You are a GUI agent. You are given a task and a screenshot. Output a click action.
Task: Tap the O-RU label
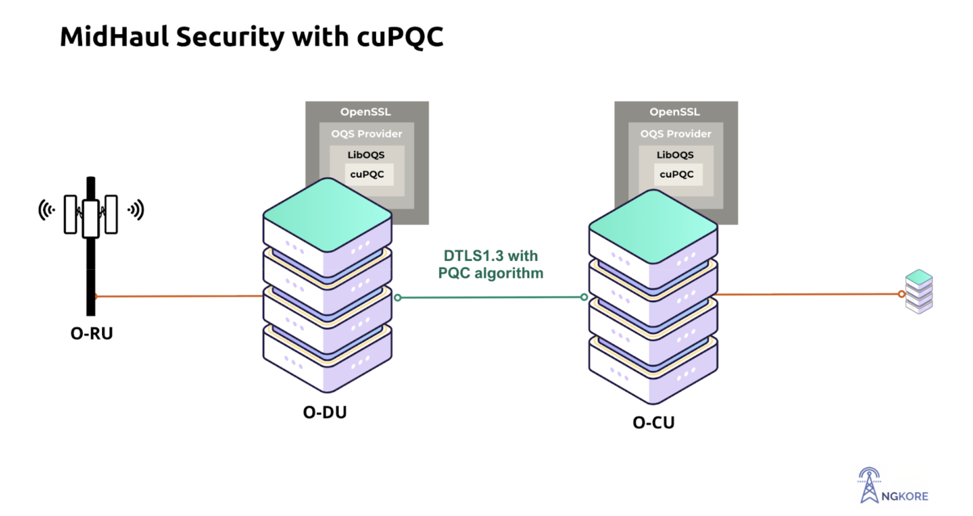pyautogui.click(x=92, y=334)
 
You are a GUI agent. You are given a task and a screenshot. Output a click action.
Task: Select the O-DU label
pyautogui.click(x=325, y=412)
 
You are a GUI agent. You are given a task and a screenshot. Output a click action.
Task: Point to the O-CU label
pyautogui.click(x=654, y=423)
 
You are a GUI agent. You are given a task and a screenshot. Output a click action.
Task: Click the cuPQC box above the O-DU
pyautogui.click(x=367, y=174)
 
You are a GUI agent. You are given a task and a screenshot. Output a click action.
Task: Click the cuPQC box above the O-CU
pyautogui.click(x=676, y=174)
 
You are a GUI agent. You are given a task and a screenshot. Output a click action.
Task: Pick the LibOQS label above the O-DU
pyautogui.click(x=366, y=155)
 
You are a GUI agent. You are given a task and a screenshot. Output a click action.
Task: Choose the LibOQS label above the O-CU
pyautogui.click(x=675, y=155)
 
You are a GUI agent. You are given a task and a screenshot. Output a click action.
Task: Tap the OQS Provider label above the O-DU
pyautogui.click(x=366, y=134)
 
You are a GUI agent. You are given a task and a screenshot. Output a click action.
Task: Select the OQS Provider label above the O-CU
pyautogui.click(x=675, y=134)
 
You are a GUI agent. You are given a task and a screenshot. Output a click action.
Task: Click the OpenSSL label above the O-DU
pyautogui.click(x=366, y=112)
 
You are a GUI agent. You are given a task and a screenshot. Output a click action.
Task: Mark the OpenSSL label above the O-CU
pyautogui.click(x=675, y=112)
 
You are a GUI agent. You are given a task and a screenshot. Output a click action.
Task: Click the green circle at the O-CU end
pyautogui.click(x=584, y=297)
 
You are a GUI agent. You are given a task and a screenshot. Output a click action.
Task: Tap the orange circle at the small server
pyautogui.click(x=902, y=294)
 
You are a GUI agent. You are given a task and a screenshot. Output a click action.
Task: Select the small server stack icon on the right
pyautogui.click(x=919, y=291)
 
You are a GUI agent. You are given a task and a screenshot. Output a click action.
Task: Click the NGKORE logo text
pyautogui.click(x=905, y=496)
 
